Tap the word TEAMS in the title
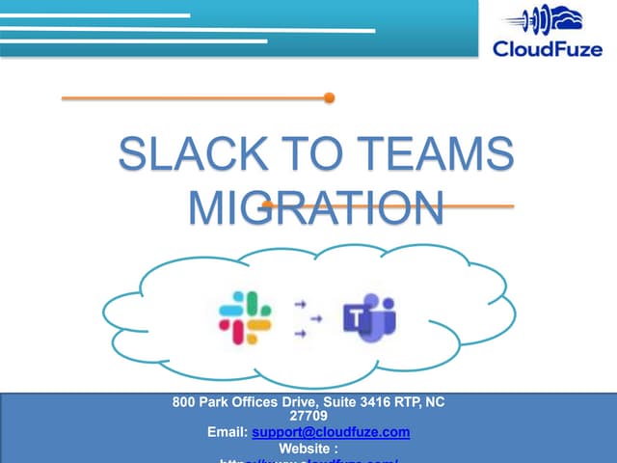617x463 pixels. click(x=435, y=157)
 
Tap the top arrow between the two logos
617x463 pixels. click(x=300, y=303)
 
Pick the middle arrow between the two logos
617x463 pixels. click(x=300, y=318)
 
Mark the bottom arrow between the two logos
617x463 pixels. click(x=300, y=334)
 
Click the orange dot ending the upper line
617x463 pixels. click(x=329, y=97)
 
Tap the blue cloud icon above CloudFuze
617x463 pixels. click(x=541, y=18)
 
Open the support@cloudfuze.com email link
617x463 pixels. click(x=331, y=432)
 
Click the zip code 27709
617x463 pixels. click(x=308, y=416)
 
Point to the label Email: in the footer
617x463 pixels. click(x=228, y=432)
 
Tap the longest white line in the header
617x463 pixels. click(x=187, y=30)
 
